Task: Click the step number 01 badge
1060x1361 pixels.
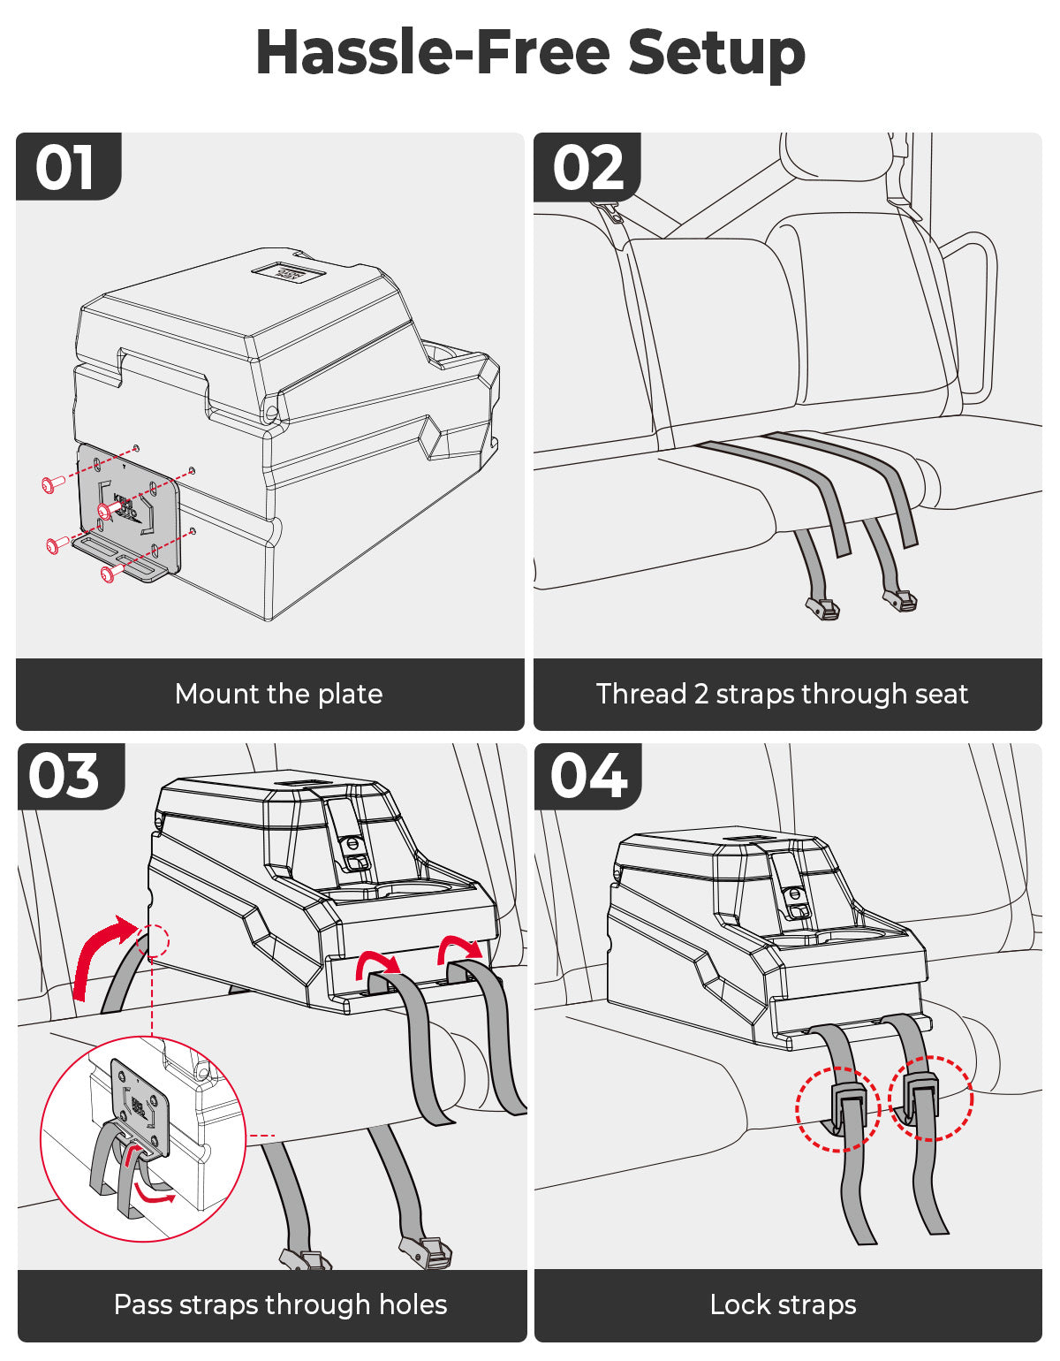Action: point(66,167)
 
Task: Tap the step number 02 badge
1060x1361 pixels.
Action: point(587,167)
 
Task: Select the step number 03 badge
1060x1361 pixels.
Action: point(65,777)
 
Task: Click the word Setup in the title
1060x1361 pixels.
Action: point(716,52)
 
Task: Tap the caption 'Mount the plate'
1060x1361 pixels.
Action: point(278,694)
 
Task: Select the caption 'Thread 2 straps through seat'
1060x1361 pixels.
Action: point(782,694)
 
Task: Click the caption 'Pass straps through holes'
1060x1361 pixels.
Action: point(280,1304)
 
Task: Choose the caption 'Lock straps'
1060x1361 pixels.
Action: point(783,1304)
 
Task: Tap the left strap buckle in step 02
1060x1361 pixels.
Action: point(823,608)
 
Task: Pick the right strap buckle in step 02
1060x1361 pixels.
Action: point(900,602)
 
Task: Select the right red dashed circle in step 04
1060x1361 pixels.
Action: point(930,1097)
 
